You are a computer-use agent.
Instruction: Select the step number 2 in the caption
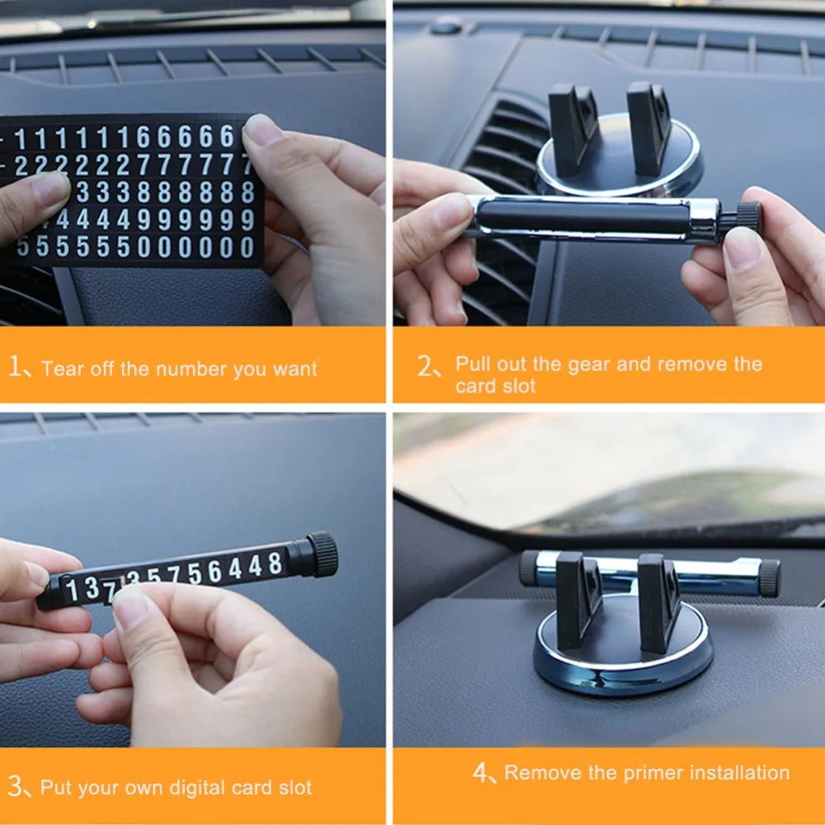point(425,365)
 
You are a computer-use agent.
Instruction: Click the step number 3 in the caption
point(15,786)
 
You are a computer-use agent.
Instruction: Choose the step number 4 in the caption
point(481,772)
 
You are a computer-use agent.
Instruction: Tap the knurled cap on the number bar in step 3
point(322,554)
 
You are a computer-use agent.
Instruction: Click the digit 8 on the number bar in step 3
point(275,563)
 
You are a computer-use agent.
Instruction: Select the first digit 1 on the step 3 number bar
point(73,591)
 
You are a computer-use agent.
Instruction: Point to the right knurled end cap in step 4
point(770,578)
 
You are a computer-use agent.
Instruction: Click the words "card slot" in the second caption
point(495,386)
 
